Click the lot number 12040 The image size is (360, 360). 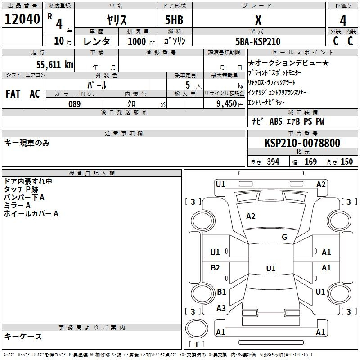(22, 19)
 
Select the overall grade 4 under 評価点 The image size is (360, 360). (343, 21)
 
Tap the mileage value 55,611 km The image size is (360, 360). (55, 65)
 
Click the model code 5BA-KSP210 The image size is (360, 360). (258, 41)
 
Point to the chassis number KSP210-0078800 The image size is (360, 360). (302, 143)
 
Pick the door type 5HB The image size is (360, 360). (174, 20)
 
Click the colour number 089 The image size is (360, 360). (75, 104)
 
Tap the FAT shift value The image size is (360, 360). (13, 94)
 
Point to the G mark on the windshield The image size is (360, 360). (284, 237)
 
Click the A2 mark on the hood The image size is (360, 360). (251, 216)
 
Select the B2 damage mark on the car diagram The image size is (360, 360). (215, 268)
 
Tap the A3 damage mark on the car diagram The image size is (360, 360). (221, 308)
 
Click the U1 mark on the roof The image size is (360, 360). (271, 268)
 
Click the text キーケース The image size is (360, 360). (23, 336)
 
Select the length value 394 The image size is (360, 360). (273, 162)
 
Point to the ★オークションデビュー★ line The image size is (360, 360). (288, 63)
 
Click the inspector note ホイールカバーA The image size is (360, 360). (31, 214)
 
